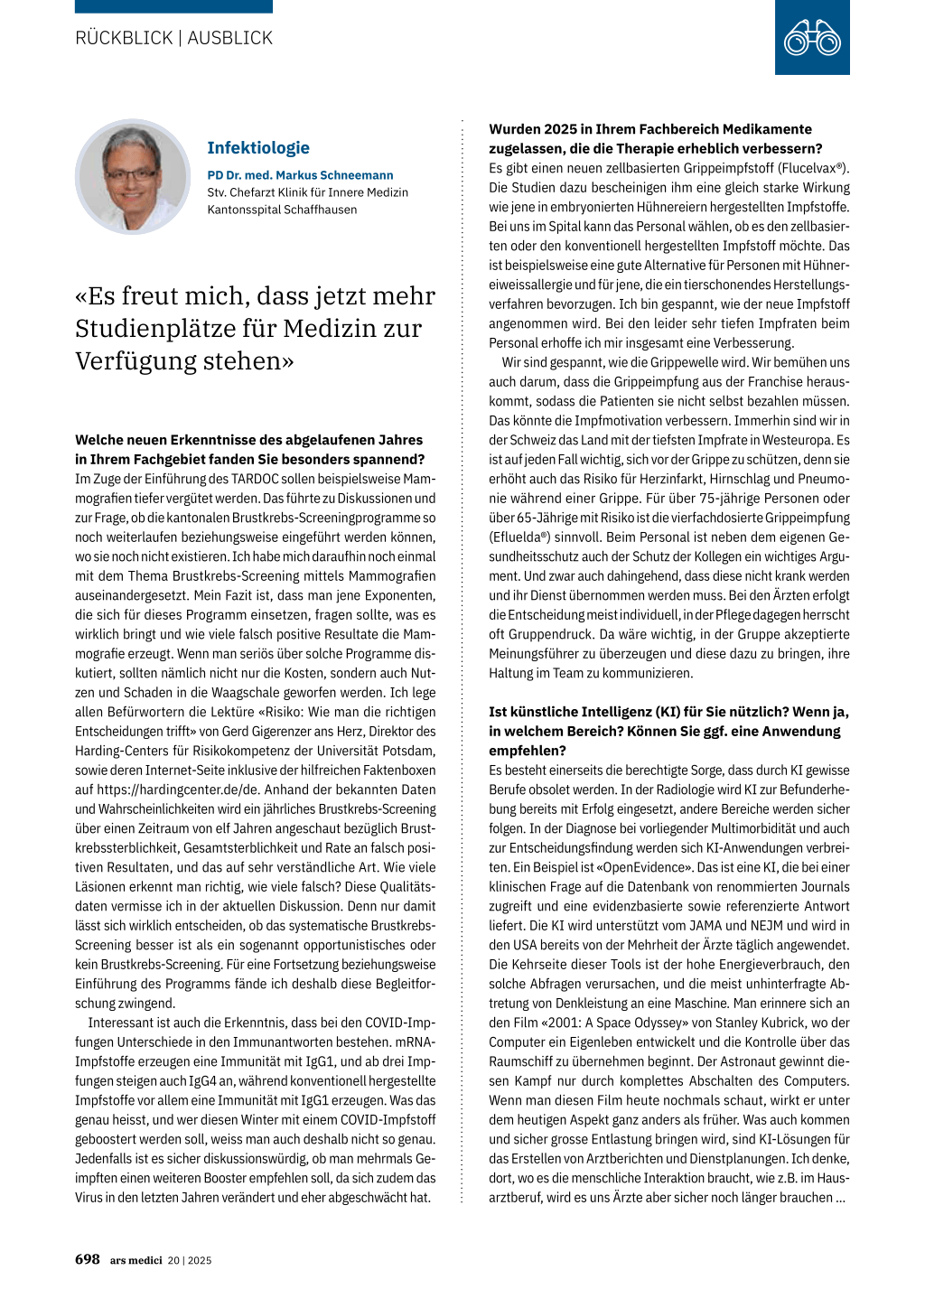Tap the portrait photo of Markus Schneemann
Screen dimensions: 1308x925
click(x=133, y=177)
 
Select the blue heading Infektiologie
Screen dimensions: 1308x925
click(x=258, y=148)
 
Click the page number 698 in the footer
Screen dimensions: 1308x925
click(x=88, y=1259)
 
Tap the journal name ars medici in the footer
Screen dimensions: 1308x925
click(x=136, y=1260)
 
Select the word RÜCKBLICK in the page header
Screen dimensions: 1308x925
click(x=124, y=38)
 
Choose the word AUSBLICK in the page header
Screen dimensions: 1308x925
click(x=230, y=38)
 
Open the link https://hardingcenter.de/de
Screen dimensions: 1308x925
click(x=165, y=789)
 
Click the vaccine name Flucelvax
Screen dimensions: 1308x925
click(x=808, y=168)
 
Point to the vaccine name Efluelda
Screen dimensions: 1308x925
click(x=521, y=537)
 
